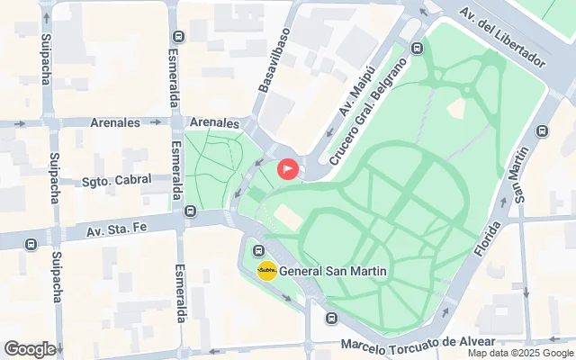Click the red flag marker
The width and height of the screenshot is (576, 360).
(x=288, y=168)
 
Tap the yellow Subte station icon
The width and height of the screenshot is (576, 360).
(x=267, y=270)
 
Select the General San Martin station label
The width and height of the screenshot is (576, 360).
(x=333, y=271)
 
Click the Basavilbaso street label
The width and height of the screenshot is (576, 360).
(x=274, y=60)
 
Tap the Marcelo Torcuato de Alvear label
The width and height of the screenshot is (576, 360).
(x=418, y=343)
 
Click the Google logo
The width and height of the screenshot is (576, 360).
(x=30, y=349)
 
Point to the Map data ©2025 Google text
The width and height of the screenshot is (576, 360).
(x=520, y=354)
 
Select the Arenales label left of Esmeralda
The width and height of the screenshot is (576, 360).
(x=114, y=122)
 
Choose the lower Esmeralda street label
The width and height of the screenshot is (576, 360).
(x=180, y=292)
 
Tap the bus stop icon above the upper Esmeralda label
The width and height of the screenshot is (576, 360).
(x=177, y=37)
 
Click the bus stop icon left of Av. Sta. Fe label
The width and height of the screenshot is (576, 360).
(x=32, y=243)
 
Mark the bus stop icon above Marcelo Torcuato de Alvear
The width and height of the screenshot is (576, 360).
(x=331, y=317)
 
